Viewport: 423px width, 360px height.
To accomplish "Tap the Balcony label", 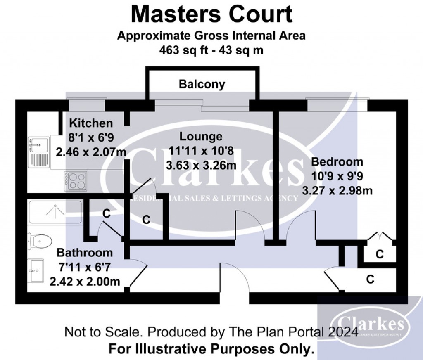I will tap(202, 85).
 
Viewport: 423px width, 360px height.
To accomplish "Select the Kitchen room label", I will tap(90, 123).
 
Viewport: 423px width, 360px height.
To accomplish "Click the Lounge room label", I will tap(201, 137).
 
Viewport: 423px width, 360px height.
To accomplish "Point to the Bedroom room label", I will tap(337, 162).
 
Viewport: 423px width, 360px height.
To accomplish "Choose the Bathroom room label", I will tap(84, 252).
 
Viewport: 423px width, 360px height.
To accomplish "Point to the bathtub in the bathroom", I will tap(55, 212).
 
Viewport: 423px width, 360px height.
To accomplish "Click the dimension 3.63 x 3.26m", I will tap(201, 166).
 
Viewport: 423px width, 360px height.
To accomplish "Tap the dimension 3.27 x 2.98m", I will tap(337, 191).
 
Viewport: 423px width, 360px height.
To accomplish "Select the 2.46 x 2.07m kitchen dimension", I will tap(91, 152).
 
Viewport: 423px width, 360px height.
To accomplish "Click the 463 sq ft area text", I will tap(211, 50).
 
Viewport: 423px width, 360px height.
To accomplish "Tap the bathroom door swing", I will tap(138, 275).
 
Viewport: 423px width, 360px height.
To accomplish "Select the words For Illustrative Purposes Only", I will tap(211, 349).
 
